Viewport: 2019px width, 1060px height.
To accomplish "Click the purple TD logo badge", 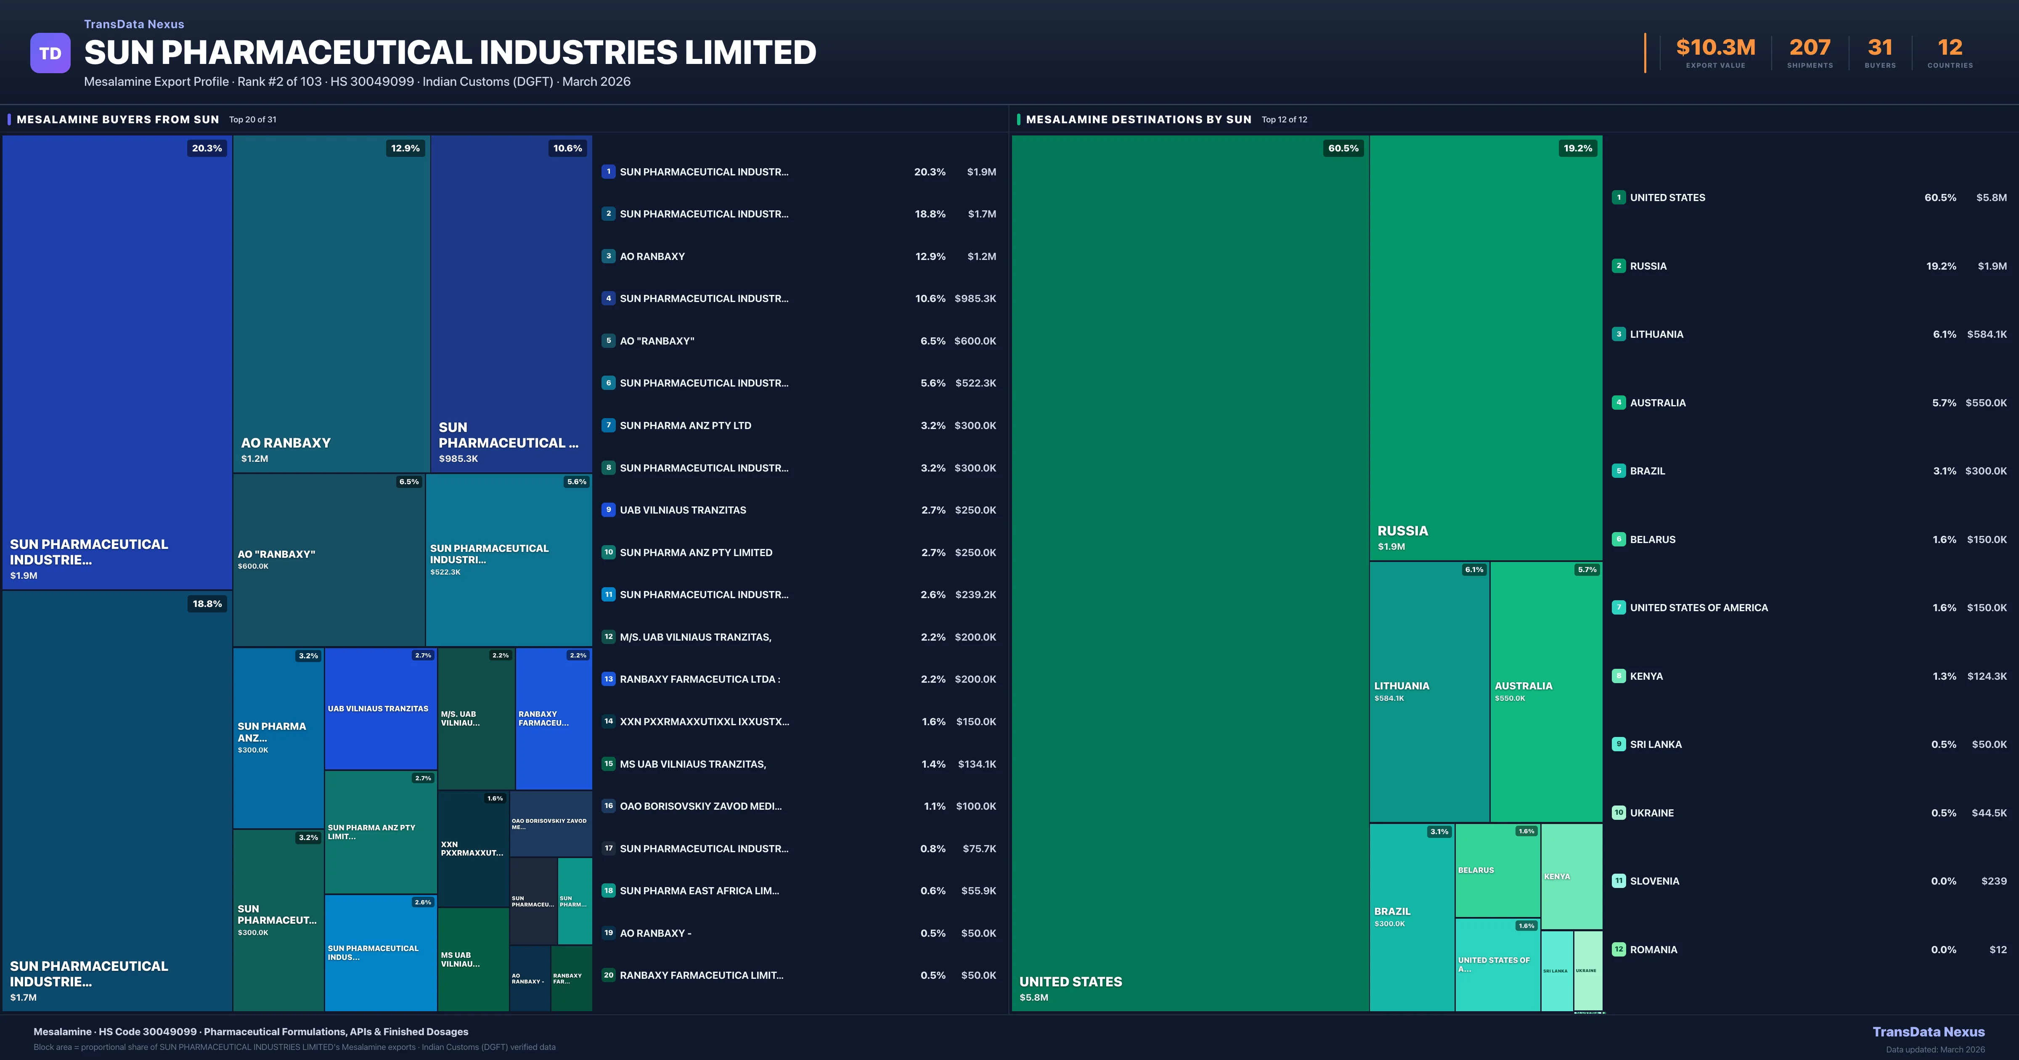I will point(50,53).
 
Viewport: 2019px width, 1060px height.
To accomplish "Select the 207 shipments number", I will point(1810,48).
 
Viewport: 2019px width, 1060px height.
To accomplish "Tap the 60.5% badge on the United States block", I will point(1343,148).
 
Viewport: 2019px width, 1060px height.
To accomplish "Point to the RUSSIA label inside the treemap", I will point(1402,531).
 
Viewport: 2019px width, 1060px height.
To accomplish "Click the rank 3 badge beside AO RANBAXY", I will point(608,256).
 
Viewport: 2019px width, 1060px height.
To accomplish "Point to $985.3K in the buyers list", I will point(975,299).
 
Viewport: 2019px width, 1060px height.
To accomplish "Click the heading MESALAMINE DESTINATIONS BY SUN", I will point(1138,119).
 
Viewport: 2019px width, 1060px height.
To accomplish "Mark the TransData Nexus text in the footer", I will point(1928,1032).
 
